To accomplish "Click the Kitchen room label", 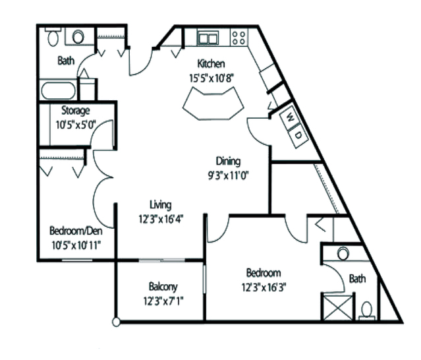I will pyautogui.click(x=212, y=64).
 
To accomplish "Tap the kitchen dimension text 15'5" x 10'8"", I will pyautogui.click(x=212, y=76).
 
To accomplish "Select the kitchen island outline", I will pyautogui.click(x=212, y=105).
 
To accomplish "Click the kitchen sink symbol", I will pyautogui.click(x=209, y=38).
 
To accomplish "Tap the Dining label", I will pyautogui.click(x=229, y=161).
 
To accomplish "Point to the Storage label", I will pyautogui.click(x=75, y=110).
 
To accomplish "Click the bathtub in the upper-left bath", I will pyautogui.click(x=57, y=89).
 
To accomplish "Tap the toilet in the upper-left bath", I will pyautogui.click(x=53, y=38).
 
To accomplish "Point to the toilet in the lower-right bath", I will pyautogui.click(x=367, y=307).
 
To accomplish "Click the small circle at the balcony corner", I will pyautogui.click(x=116, y=322).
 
